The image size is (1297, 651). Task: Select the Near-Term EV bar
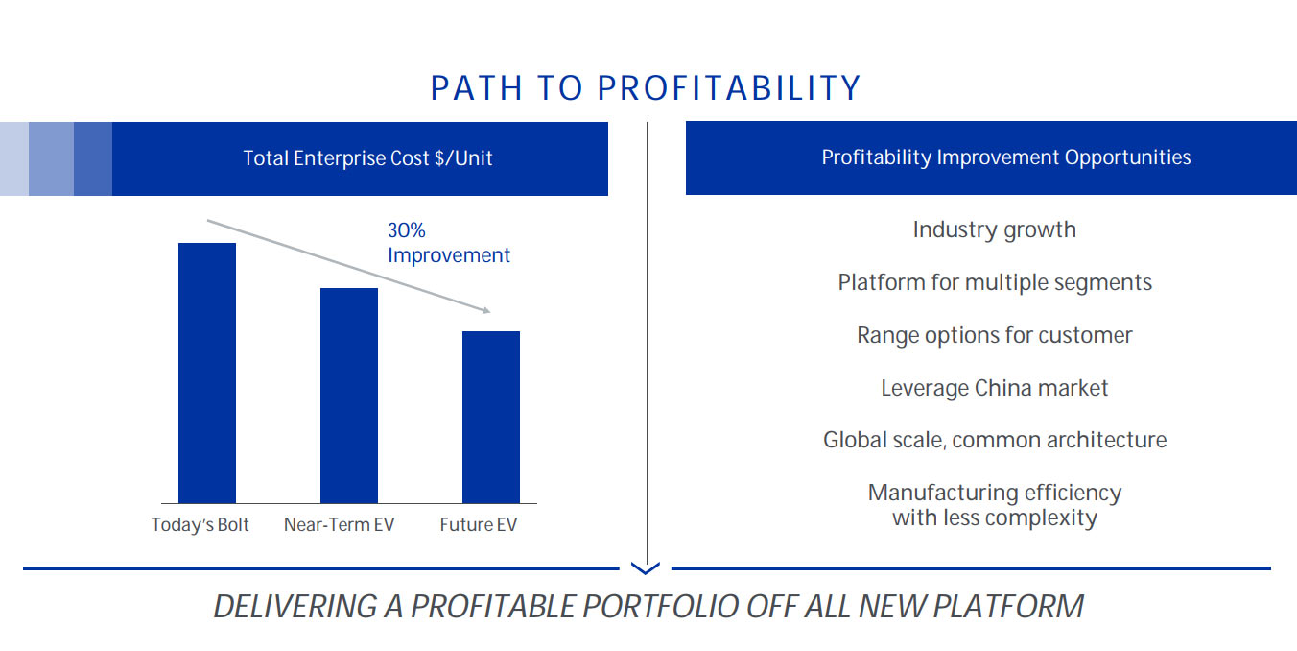349,395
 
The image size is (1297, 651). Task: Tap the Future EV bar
491,417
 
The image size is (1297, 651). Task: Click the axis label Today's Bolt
200,525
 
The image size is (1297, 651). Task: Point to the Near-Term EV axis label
339,525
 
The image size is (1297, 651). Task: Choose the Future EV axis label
478,525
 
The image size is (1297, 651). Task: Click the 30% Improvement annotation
448,243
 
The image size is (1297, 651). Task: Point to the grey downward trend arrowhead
486,310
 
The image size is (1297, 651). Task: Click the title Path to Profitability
646,88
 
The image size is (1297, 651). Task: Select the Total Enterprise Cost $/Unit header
367,158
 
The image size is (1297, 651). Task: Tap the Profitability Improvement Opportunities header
1006,157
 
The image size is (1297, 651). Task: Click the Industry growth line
994,230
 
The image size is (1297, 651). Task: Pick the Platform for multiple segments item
995,283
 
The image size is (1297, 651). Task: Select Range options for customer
994,336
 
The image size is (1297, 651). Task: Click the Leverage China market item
994,389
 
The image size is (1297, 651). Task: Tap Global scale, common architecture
995,441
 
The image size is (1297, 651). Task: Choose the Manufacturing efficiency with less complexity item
995,505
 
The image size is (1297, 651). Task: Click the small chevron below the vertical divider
647,568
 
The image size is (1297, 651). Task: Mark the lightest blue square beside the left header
14,158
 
